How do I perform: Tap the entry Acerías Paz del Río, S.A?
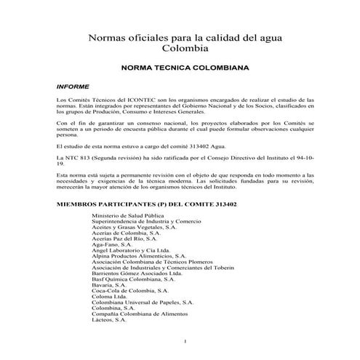click(124, 239)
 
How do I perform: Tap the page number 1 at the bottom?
click(186, 343)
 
